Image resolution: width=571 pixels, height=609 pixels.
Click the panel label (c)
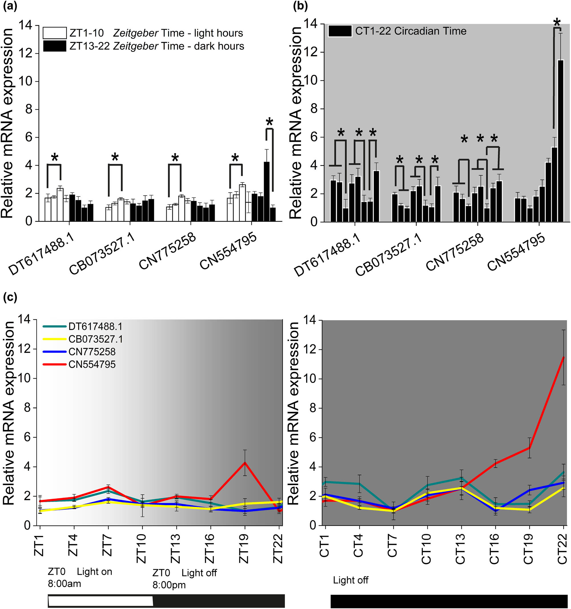(10, 297)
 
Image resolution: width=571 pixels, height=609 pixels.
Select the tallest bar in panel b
(560, 141)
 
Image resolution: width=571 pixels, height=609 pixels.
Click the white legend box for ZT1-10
(55, 33)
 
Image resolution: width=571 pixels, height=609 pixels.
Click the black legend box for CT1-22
(340, 31)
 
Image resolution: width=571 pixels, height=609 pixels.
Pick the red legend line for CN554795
(54, 365)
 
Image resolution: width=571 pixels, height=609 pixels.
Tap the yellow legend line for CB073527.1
(54, 339)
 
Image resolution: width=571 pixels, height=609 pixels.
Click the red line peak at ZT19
(244, 463)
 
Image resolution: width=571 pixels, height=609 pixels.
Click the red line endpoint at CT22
(563, 357)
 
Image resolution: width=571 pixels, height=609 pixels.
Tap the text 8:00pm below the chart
(169, 585)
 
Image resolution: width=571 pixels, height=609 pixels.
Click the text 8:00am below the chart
(64, 584)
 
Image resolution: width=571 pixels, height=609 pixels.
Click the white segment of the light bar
(100, 600)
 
